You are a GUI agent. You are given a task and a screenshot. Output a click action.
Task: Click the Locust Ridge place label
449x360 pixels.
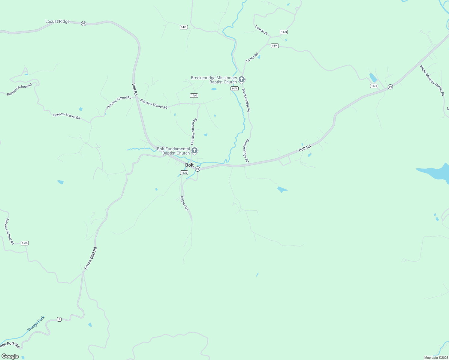[x=57, y=22]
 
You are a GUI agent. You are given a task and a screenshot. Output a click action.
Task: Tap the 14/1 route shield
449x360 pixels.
[x=184, y=27]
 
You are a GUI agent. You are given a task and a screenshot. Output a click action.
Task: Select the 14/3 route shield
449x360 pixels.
[x=284, y=32]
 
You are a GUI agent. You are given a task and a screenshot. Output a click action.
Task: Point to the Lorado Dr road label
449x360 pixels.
[x=261, y=30]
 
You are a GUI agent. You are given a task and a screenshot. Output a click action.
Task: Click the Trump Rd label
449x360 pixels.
[x=252, y=58]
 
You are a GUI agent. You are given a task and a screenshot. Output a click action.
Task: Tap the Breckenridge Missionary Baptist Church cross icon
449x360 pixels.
[x=242, y=79]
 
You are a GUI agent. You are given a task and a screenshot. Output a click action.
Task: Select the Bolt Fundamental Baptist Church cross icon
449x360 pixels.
[x=194, y=151]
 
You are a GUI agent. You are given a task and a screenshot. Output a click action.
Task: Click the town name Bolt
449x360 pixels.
[x=189, y=165]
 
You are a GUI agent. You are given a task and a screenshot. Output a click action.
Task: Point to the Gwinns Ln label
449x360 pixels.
[x=184, y=203]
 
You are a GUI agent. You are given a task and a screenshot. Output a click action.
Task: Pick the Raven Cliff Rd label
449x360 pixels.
[x=90, y=258]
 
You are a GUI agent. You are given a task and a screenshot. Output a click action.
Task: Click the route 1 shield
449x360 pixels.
[x=59, y=319]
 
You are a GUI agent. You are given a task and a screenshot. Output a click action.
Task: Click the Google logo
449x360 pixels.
[x=10, y=356]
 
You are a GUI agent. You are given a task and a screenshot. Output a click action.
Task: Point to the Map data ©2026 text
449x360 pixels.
[x=436, y=358]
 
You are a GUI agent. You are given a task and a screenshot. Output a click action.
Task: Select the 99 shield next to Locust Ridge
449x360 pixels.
[x=83, y=23]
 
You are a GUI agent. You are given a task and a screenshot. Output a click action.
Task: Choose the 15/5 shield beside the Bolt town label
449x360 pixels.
[x=184, y=172]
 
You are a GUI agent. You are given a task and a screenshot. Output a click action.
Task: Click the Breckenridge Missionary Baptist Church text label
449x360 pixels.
[x=214, y=80]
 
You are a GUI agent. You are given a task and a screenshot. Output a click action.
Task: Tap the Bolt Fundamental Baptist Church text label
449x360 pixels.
[x=173, y=151]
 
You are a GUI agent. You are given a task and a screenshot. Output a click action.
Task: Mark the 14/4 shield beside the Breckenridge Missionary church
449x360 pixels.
[x=234, y=88]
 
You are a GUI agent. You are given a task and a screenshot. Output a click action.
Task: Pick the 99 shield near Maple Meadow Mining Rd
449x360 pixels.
[x=390, y=87]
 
